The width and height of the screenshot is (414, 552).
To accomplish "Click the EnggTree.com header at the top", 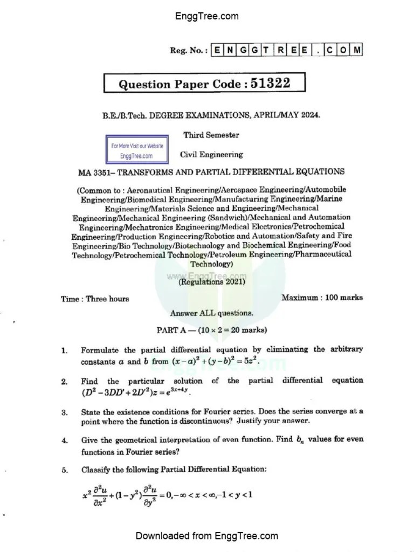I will click(x=206, y=16).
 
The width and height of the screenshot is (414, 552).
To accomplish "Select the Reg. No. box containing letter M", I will click(x=356, y=50).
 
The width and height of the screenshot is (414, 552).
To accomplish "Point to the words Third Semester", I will click(x=211, y=135).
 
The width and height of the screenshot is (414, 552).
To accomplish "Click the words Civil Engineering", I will click(x=211, y=155).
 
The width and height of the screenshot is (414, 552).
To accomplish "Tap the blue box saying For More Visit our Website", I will click(x=136, y=151).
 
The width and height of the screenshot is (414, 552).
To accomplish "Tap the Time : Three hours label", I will click(x=95, y=299).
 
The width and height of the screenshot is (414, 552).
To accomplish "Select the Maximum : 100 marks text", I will click(x=322, y=297).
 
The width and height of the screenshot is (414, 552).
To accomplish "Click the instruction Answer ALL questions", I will click(x=211, y=313).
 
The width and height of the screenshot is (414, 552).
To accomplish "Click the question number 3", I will click(x=64, y=412).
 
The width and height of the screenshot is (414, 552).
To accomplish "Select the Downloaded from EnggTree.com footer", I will click(x=206, y=536).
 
